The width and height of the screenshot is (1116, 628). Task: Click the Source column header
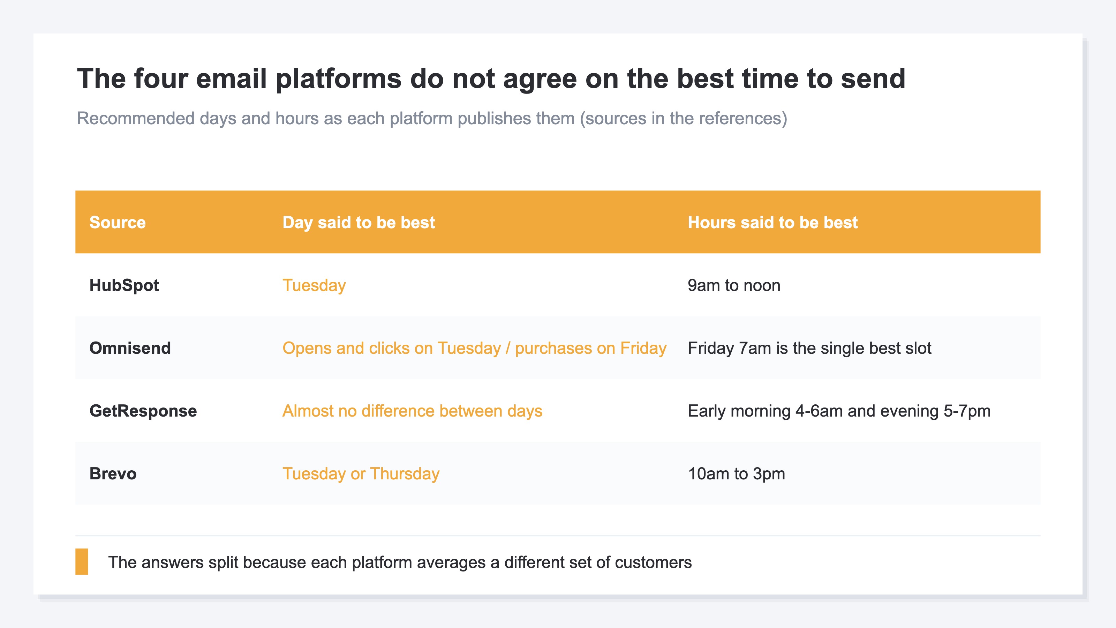pyautogui.click(x=118, y=222)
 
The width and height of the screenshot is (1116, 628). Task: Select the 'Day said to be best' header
pyautogui.click(x=358, y=222)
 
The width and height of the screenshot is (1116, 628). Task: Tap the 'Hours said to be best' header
pyautogui.click(x=772, y=222)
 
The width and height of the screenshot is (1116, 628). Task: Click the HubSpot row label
pyautogui.click(x=124, y=285)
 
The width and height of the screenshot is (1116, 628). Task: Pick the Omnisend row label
pyautogui.click(x=130, y=348)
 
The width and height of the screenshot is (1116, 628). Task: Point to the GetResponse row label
pyautogui.click(x=143, y=411)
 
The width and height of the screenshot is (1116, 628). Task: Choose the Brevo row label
pyautogui.click(x=113, y=474)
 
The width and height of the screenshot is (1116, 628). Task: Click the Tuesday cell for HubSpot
pyautogui.click(x=314, y=285)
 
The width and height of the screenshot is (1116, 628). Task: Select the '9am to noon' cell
pyautogui.click(x=734, y=285)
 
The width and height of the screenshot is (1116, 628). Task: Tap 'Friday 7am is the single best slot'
pyautogui.click(x=809, y=348)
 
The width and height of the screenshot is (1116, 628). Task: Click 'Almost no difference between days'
pyautogui.click(x=412, y=411)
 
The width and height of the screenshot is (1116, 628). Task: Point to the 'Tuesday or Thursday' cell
pyautogui.click(x=361, y=474)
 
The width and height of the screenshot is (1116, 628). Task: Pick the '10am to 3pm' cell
pyautogui.click(x=737, y=474)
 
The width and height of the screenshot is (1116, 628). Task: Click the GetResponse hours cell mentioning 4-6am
pyautogui.click(x=839, y=411)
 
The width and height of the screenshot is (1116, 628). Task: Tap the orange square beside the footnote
pyautogui.click(x=82, y=562)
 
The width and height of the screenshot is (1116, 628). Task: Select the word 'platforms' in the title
pyautogui.click(x=339, y=79)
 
